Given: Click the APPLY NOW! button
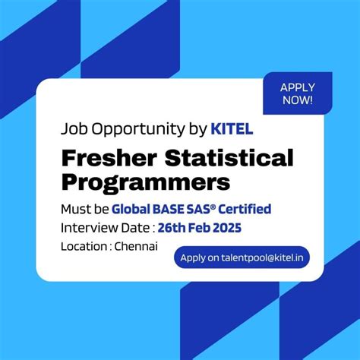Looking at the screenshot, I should click(x=297, y=93).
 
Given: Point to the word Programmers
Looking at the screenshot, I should click(x=145, y=183).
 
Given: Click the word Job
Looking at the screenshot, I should click(x=74, y=128).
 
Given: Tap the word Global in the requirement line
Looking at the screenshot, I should click(x=131, y=209).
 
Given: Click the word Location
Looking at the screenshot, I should click(x=83, y=247).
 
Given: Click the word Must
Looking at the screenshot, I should click(x=74, y=209).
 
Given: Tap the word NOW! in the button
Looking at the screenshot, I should click(x=297, y=99).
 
